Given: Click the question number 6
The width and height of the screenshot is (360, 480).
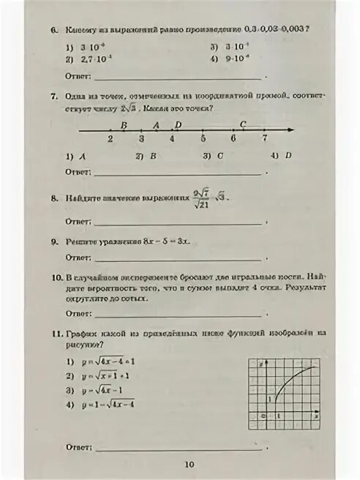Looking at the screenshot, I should (x=53, y=30).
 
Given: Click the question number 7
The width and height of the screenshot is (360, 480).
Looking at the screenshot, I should (x=53, y=97).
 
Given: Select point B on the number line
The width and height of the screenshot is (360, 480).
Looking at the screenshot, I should (x=124, y=125).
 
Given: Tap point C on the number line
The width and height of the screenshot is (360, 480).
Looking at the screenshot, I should (x=243, y=124).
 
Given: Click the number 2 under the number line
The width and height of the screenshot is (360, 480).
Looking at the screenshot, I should (x=110, y=138).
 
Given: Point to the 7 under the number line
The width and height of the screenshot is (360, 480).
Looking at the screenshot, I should (x=264, y=138).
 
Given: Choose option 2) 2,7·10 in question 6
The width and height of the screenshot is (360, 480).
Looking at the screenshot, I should (x=82, y=59).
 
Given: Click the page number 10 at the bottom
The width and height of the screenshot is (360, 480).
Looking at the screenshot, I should (x=189, y=463).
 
